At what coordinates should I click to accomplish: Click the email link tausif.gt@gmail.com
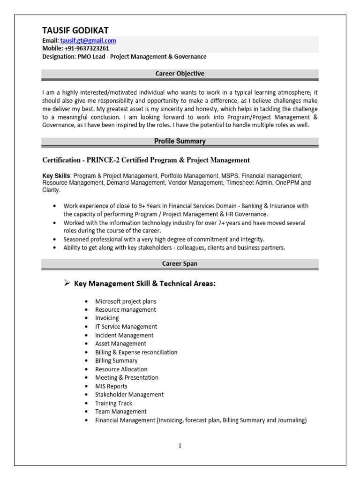point(88,41)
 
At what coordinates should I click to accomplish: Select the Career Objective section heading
point(180,74)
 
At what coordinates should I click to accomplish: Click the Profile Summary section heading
point(180,141)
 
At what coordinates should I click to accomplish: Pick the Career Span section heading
point(180,263)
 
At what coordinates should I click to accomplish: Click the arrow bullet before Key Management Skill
point(67,283)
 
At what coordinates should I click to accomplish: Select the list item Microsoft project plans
point(126,301)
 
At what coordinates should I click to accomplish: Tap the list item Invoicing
point(107,318)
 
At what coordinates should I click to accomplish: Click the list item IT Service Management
point(126,327)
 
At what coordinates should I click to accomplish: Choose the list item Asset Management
point(120,344)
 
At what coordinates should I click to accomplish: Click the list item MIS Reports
point(111,386)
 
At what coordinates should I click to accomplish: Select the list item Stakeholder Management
point(129,395)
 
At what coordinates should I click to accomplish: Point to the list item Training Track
point(113,403)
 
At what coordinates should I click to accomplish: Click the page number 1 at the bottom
point(180,445)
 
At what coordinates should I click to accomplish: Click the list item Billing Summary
point(116,360)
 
